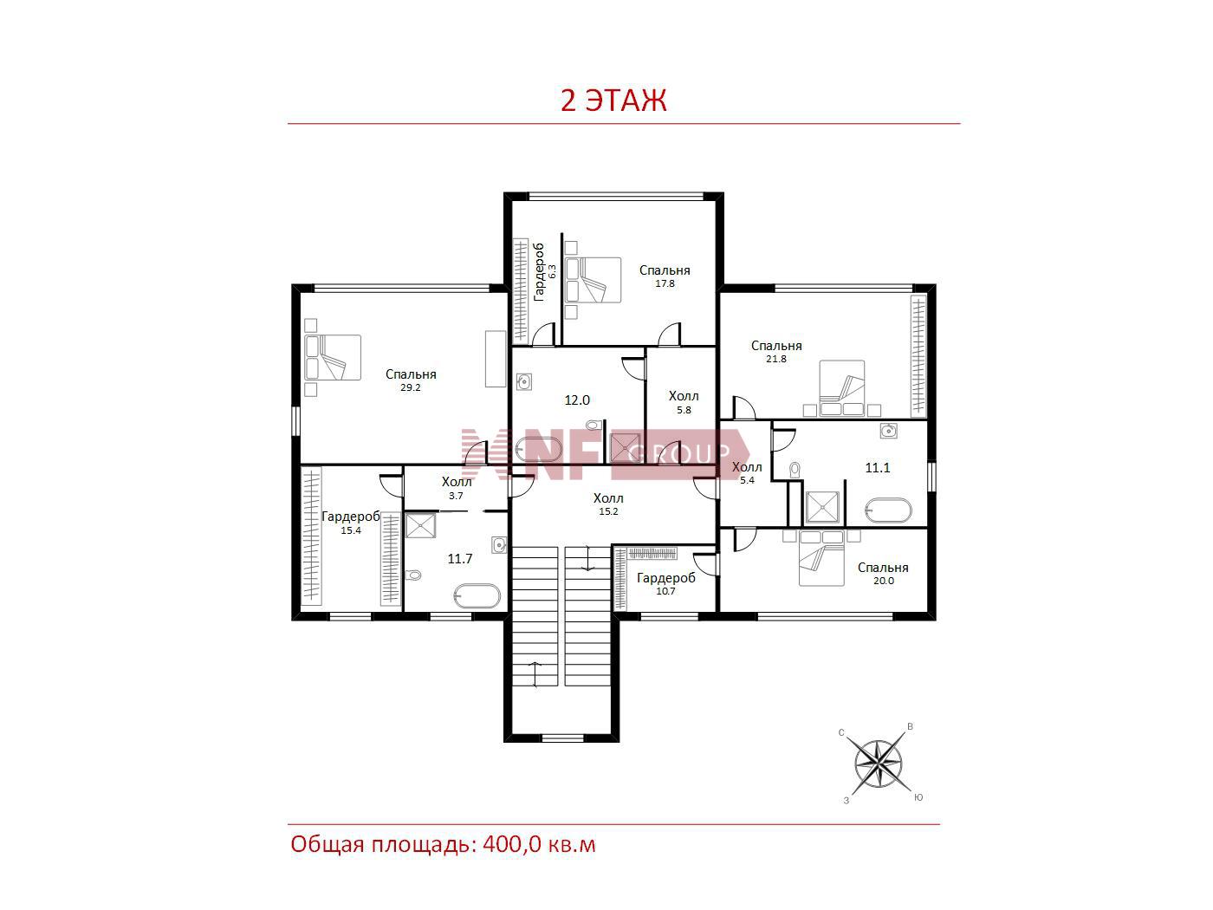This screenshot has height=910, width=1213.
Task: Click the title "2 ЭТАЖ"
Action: point(613,101)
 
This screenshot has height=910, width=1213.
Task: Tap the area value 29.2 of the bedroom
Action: point(411,388)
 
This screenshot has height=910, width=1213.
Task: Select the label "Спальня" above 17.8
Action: point(665,270)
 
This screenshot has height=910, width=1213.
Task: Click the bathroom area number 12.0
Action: point(577,400)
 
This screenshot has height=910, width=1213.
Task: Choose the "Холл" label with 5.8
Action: point(684,395)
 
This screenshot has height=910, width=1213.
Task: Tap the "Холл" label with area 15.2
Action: point(608,497)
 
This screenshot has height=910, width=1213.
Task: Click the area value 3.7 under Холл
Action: point(456,496)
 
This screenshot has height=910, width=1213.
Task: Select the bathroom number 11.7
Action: point(460,559)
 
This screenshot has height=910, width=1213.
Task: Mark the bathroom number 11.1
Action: point(878,468)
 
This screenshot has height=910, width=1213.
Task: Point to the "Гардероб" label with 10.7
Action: point(666,578)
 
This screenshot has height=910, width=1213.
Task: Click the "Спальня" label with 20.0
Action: point(883,568)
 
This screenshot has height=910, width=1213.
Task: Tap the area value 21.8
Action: point(775,359)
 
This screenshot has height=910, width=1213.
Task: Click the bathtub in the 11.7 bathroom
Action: point(477,596)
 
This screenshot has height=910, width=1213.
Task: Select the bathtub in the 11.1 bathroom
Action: point(888,510)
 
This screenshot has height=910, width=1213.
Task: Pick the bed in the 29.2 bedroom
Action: point(333,357)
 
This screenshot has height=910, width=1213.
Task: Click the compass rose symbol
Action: point(878,764)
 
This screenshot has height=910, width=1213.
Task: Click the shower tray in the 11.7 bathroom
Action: point(420,525)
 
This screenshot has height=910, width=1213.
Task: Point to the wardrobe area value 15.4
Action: point(351,531)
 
